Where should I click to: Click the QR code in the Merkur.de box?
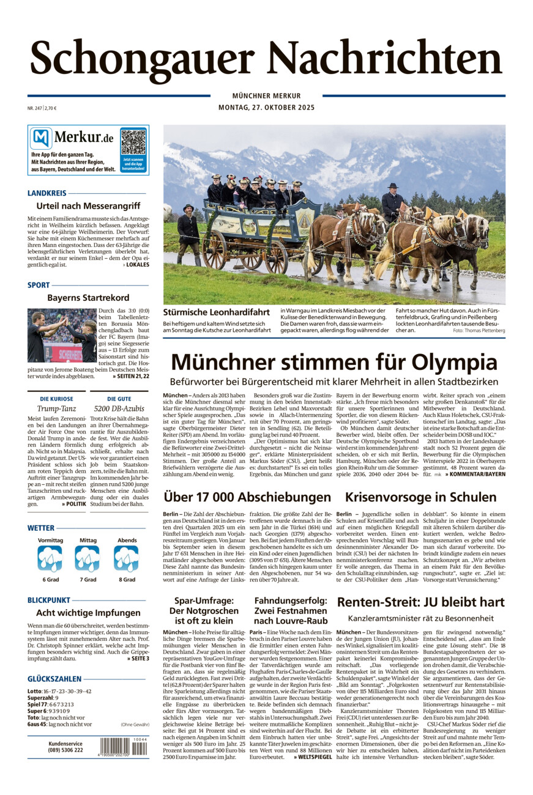[x=133, y=141]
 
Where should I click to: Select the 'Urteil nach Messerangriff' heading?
[x=88, y=206]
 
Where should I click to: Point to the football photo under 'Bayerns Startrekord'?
[x=61, y=335]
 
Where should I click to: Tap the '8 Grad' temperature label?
[x=127, y=579]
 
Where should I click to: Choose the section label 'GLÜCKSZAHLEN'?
[x=54, y=679]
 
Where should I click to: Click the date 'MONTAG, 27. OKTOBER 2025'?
[x=266, y=108]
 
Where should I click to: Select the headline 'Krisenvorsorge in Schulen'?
[x=421, y=497]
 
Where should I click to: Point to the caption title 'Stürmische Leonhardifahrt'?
[x=217, y=312]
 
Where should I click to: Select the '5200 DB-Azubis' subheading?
[x=119, y=408]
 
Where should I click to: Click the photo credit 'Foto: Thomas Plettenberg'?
[x=479, y=330]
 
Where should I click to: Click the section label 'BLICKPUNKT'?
[x=49, y=601]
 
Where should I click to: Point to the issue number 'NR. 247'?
[x=34, y=108]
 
